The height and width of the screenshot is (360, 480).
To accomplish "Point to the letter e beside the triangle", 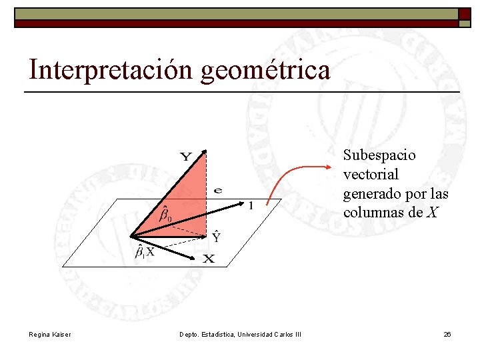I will point(218,190).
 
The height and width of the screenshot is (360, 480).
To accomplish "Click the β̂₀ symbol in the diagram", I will point(165,215).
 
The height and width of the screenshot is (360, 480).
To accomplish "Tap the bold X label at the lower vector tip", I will point(209,259).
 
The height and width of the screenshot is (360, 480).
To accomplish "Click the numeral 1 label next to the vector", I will point(250,207).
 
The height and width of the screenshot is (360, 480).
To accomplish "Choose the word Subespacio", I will point(379,155).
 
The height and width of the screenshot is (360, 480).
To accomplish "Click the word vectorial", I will point(371,175).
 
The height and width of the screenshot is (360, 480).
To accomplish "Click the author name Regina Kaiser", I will point(50,334).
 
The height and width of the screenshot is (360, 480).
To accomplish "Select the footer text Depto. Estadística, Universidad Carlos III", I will point(240,334).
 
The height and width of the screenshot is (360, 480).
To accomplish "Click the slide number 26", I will point(447,334).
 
